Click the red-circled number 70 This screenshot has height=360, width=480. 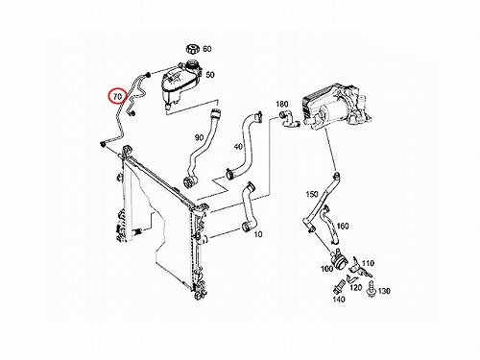pos(118,96)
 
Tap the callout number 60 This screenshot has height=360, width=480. pos(207,49)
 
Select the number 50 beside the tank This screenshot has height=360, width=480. pos(210,75)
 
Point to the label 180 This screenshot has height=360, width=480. pos(282,104)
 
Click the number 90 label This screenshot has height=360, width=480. pos(199,138)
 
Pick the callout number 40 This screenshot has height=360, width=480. pos(238,147)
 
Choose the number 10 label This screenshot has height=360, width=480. pos(258,234)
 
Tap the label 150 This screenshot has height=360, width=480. pos(312,194)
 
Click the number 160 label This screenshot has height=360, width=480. pos(343,227)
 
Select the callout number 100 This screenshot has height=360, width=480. pos(327,269)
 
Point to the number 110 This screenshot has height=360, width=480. pos(368,263)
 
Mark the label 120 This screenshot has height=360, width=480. pos(355,287)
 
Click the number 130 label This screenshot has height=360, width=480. pos(384,291)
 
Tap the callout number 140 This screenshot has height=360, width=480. pos(339,300)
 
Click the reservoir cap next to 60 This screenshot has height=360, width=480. pos(192,50)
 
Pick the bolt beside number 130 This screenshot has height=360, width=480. pos(372,289)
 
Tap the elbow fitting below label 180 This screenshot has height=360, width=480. pos(288,119)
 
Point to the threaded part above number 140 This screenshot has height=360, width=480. pos(339,286)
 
